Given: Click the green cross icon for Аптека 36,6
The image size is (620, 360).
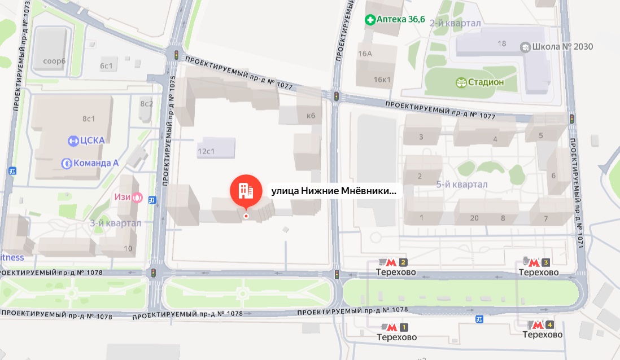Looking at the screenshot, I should [371, 20].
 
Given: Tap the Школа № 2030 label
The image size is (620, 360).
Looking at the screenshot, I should [562, 46].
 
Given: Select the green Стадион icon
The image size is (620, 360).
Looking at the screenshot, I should [461, 82].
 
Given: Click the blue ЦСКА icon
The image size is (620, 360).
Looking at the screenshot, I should [72, 141].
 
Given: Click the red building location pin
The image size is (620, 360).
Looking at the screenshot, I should [246, 191].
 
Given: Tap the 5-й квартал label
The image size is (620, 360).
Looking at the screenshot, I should [461, 185].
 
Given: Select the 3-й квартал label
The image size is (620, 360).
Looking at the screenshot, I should [115, 223].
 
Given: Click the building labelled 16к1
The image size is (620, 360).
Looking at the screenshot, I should [382, 79].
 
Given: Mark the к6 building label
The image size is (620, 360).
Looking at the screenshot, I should [310, 116].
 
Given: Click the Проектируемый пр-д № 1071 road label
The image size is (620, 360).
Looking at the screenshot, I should [578, 192].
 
